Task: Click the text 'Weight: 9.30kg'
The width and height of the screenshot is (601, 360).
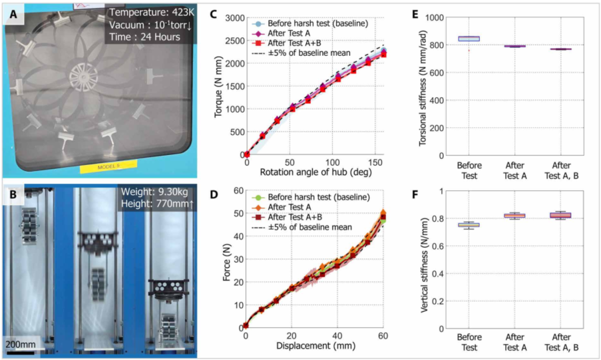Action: point(154,196)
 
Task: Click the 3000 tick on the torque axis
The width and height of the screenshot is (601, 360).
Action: point(232,18)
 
